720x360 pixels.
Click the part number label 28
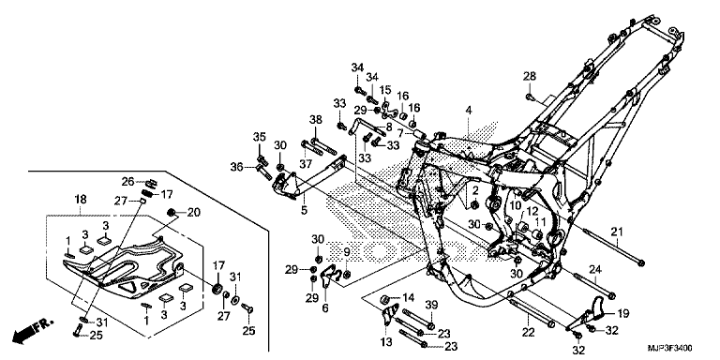click(530, 76)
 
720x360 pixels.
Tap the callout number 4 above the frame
click(469, 111)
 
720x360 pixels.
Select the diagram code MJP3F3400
click(670, 348)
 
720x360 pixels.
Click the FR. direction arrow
click(32, 331)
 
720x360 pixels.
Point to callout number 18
click(81, 200)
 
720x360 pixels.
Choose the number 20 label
click(194, 212)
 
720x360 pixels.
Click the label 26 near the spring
click(128, 182)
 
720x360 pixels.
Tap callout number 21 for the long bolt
click(617, 231)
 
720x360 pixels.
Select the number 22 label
click(529, 333)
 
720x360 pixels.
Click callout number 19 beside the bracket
click(622, 314)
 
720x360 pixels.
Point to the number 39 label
click(431, 306)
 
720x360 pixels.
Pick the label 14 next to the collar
click(408, 298)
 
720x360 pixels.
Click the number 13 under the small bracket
click(386, 341)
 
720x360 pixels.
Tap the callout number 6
click(325, 308)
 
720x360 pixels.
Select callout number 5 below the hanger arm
click(304, 210)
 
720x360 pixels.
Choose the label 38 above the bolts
click(315, 120)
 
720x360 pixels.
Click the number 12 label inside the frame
click(532, 211)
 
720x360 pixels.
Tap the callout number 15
click(384, 90)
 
